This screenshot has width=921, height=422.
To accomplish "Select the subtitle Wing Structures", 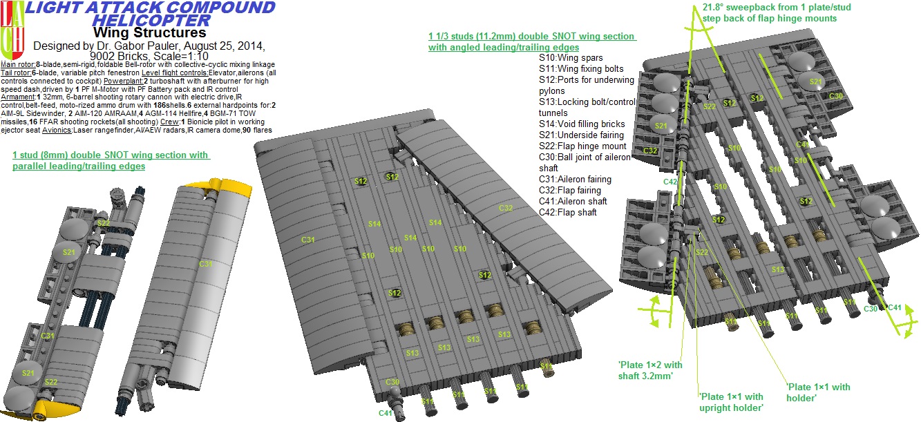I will (x=149, y=32).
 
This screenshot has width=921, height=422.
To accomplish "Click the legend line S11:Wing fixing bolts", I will (x=581, y=68).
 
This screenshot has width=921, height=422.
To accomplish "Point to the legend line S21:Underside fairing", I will (x=582, y=135).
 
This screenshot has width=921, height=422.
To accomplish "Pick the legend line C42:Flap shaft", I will (x=568, y=212).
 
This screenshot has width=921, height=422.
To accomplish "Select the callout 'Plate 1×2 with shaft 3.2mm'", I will (x=650, y=370).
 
